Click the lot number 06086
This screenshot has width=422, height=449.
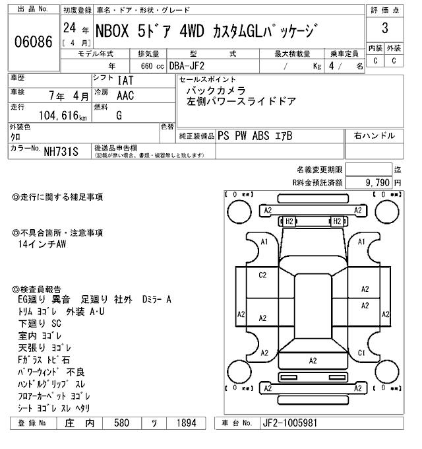[34, 42]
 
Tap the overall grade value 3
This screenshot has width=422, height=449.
[385, 28]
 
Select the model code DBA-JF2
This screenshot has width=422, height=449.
[187, 66]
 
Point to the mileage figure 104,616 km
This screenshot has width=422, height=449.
[63, 116]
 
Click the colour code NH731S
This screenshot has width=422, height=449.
[61, 152]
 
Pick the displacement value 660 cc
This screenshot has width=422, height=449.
[152, 66]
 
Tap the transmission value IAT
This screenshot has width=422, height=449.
[125, 81]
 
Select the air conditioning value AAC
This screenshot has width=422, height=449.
[125, 96]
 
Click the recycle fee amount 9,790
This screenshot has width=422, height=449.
[377, 182]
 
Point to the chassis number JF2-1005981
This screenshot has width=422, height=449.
[290, 423]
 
